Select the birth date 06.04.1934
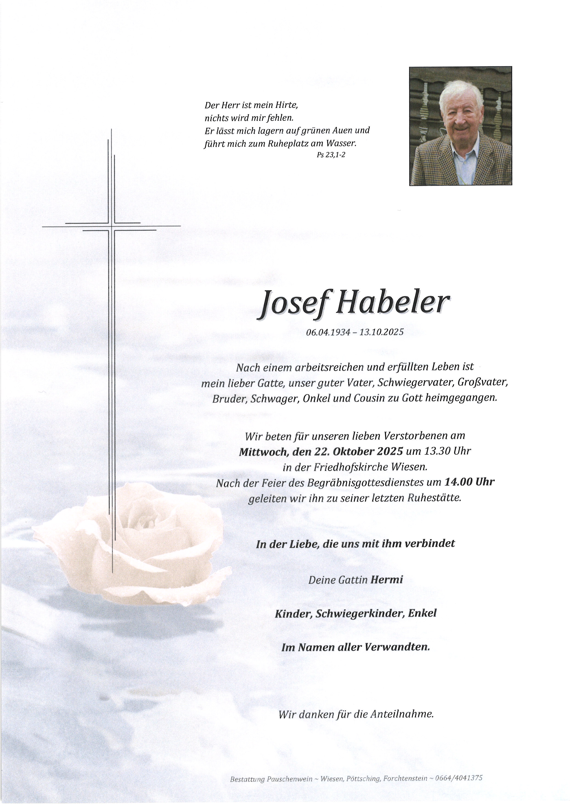328,332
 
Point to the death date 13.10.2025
382,332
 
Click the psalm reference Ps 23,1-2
331,155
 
